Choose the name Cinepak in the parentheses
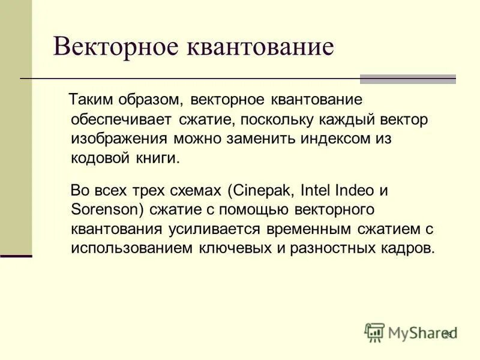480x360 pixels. [x=260, y=191]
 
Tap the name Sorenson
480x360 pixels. [x=99, y=209]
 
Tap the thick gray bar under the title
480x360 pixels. [x=407, y=79]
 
